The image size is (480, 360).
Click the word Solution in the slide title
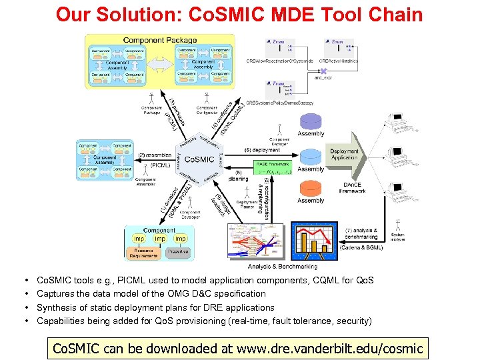(x=136, y=15)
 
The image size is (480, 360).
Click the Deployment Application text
(x=344, y=155)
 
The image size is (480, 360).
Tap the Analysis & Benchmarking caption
(x=279, y=266)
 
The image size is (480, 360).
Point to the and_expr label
(x=323, y=77)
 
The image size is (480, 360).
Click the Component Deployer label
(x=279, y=141)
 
